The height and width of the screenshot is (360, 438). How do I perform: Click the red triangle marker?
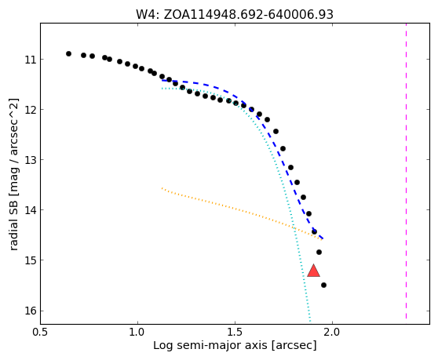point(313,271)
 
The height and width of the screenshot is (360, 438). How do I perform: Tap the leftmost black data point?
point(69,53)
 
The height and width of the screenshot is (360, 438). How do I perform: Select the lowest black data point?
point(323,285)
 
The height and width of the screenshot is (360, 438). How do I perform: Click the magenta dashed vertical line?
point(406,171)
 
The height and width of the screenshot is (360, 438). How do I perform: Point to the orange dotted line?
point(242,214)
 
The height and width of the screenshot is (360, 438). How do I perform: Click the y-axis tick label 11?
point(31,60)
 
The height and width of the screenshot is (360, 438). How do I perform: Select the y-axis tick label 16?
point(31,311)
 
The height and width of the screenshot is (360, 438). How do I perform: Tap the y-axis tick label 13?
point(31,160)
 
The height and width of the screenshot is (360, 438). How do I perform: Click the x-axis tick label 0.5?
point(41,333)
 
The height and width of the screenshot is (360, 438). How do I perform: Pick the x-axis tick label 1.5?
point(235,333)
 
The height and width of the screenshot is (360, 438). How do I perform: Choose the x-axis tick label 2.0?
point(332,333)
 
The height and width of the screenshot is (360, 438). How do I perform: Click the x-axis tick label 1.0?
point(137,333)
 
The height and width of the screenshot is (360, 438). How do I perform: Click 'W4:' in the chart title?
point(148,15)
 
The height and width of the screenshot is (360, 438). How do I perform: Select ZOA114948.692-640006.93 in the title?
point(249,15)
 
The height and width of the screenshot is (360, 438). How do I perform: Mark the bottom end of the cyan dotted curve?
point(310,321)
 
